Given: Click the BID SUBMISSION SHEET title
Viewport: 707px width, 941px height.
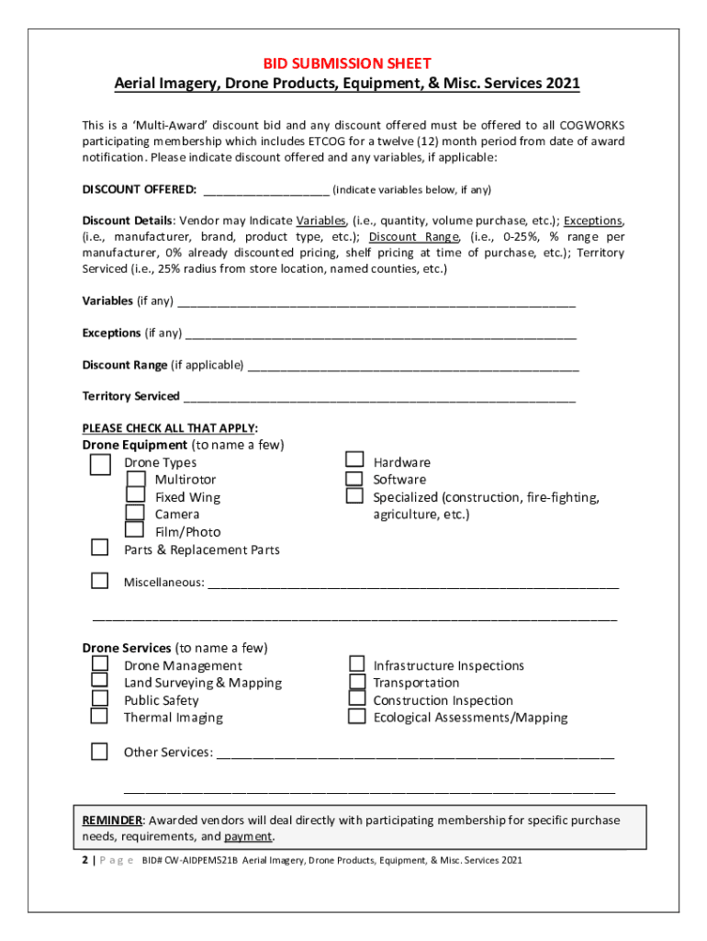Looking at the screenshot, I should (346, 63).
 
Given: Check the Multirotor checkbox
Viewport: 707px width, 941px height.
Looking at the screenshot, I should (135, 480).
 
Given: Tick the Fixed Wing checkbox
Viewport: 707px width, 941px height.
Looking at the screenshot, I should (135, 496).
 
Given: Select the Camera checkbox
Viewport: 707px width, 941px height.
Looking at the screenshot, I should (135, 513).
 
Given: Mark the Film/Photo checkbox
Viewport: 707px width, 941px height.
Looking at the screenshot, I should (135, 529).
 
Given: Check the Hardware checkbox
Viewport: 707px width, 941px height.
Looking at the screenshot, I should (354, 460).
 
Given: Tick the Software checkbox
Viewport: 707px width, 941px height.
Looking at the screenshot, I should (354, 479).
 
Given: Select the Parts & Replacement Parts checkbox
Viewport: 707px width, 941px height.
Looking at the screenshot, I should (100, 548).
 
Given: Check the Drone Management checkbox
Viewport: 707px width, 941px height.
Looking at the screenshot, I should (100, 663).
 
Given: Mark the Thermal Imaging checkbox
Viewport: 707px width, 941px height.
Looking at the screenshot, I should (100, 716).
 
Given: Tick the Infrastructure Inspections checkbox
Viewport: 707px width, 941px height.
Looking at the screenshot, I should (357, 663).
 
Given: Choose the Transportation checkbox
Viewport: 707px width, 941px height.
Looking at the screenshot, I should (357, 682).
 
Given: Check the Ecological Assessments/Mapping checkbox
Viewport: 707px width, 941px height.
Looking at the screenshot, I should (357, 716).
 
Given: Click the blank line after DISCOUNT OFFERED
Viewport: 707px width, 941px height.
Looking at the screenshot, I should (266, 191).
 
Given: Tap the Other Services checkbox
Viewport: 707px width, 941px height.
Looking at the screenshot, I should (100, 752).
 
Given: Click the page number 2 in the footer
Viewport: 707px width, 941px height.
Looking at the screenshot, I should (85, 861).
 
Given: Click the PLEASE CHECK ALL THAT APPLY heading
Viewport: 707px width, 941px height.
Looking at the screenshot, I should (170, 428).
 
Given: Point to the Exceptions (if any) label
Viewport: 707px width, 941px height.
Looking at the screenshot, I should (131, 333).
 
